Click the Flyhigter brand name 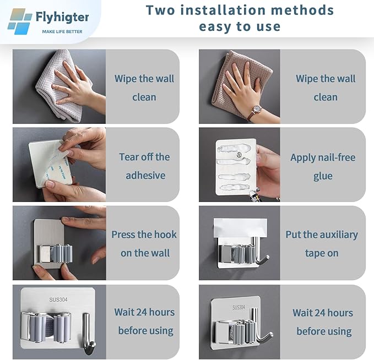point(62,18)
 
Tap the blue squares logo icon point(20,21)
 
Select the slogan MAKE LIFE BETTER point(62,31)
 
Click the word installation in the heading point(223,10)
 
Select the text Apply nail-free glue point(323,167)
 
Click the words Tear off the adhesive point(145,166)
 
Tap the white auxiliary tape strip point(240,228)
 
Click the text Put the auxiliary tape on point(322,244)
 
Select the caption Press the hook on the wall point(144,244)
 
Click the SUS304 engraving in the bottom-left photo point(58,299)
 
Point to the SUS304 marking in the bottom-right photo point(239,307)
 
